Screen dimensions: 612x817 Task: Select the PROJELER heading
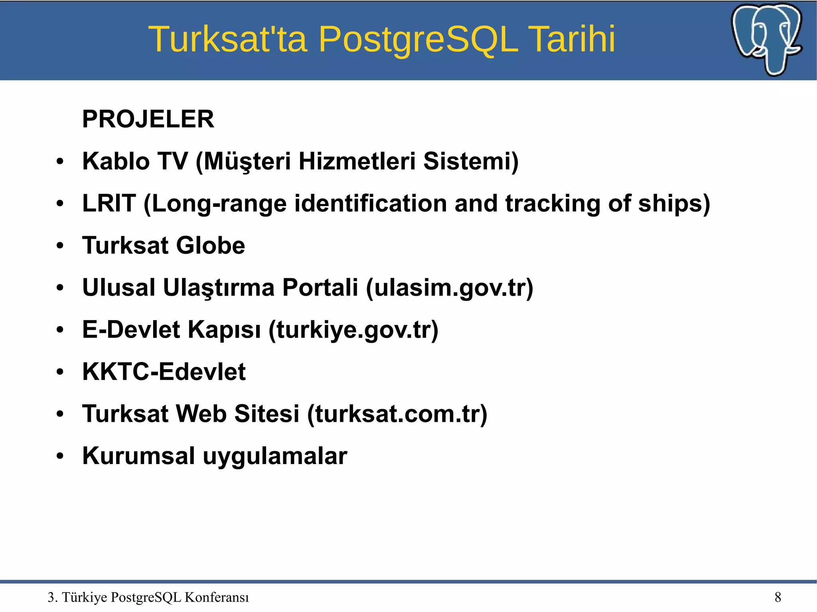coord(148,119)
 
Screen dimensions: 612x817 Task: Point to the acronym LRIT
coord(109,203)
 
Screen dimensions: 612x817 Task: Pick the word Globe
coord(210,245)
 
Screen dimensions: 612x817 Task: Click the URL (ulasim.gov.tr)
coord(450,288)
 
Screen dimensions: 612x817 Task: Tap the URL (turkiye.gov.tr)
coord(353,330)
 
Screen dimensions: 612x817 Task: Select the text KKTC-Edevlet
coord(164,372)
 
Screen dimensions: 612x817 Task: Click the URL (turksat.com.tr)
coord(397,414)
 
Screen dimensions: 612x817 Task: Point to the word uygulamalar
coord(275,456)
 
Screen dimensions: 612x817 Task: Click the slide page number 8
coord(778,597)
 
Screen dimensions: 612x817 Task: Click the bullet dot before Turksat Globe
coord(60,246)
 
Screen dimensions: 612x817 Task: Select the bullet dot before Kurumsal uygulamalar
coord(60,456)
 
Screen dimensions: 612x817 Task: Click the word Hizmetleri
coord(357,161)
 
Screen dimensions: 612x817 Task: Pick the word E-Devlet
coord(131,330)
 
